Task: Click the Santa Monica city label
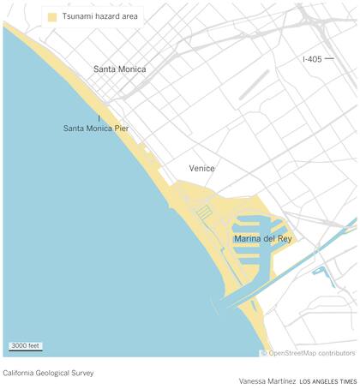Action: point(119,69)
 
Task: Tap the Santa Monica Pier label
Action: point(99,129)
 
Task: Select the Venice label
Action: point(202,169)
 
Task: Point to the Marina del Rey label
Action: point(262,239)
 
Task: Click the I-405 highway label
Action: point(314,59)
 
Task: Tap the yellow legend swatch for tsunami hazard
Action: point(52,16)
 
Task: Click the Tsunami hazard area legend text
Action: point(98,16)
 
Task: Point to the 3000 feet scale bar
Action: point(26,346)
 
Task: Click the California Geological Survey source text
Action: point(49,374)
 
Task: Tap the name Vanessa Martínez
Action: point(267,380)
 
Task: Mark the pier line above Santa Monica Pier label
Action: point(99,117)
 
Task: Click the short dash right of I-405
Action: point(329,59)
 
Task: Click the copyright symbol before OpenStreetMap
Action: point(264,352)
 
